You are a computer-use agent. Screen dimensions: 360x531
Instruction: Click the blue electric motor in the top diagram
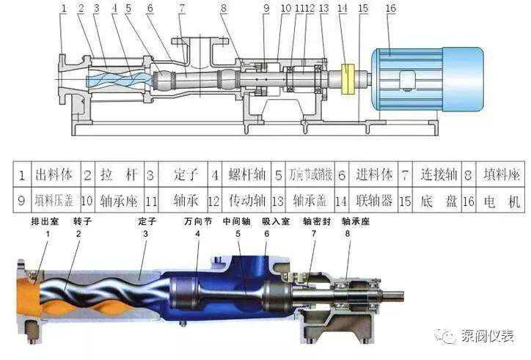pyautogui.click(x=425, y=79)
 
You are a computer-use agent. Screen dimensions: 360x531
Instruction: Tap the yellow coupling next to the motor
pyautogui.click(x=347, y=79)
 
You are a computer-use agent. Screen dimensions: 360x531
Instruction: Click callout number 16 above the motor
pyautogui.click(x=390, y=9)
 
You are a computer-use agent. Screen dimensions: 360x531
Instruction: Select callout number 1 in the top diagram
pyautogui.click(x=64, y=9)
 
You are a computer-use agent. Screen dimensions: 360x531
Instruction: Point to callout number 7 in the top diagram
pyautogui.click(x=181, y=9)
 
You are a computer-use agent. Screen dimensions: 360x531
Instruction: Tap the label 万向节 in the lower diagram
pyautogui.click(x=197, y=221)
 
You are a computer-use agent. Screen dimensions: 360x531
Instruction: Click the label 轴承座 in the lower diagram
pyautogui.click(x=355, y=221)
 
